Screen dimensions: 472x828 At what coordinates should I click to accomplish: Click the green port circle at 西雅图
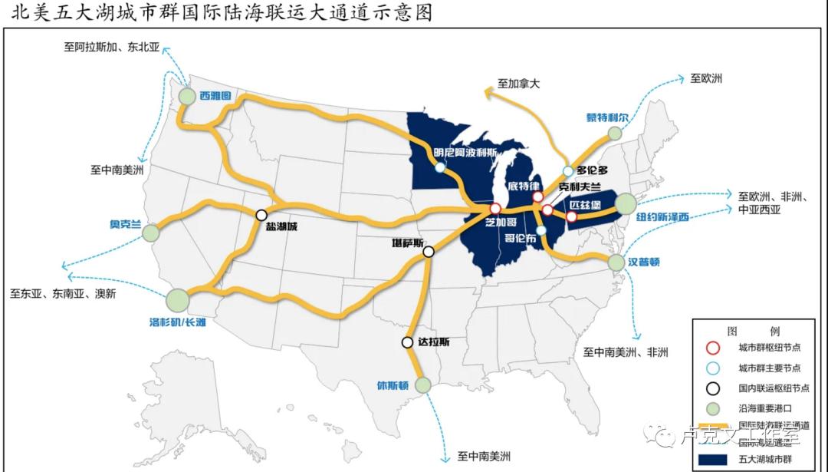click(188, 96)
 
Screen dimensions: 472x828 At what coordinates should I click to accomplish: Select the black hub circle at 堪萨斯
click(429, 251)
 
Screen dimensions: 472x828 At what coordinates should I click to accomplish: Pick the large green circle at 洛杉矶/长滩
click(177, 299)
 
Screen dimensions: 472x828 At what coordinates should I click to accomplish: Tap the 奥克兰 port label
click(126, 224)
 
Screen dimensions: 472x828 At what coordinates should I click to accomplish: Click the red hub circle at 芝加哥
click(495, 208)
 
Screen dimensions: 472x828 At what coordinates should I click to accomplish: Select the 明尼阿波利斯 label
click(466, 152)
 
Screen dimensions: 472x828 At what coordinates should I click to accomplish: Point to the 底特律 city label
click(525, 186)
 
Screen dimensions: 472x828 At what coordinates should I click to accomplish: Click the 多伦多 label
click(593, 170)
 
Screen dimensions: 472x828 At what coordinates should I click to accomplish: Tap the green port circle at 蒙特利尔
click(615, 134)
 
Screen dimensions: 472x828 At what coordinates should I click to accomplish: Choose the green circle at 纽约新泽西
click(626, 203)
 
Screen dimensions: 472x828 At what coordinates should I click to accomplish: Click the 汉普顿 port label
click(645, 262)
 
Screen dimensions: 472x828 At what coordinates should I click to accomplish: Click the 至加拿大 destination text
click(519, 84)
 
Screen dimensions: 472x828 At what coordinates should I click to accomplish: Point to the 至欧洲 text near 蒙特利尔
click(706, 78)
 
